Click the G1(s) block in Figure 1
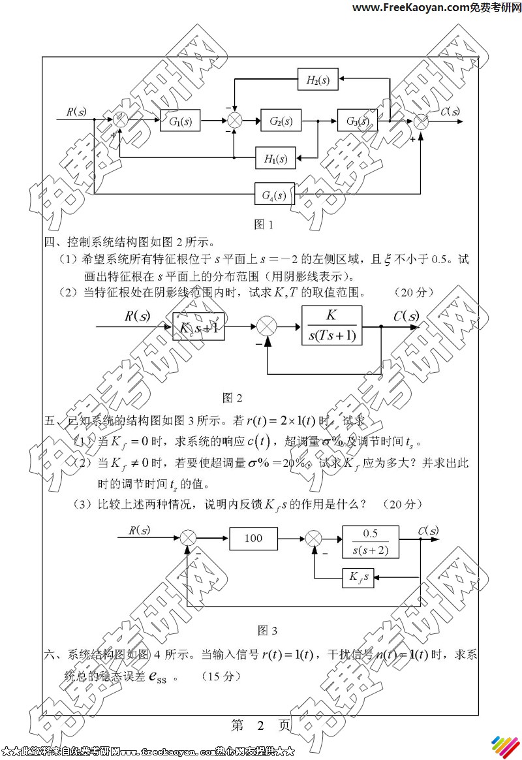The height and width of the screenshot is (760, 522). pyautogui.click(x=180, y=121)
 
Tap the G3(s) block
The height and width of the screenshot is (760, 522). pyautogui.click(x=358, y=121)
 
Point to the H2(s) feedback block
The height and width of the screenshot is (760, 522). pyautogui.click(x=318, y=80)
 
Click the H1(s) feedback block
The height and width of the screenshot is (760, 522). pyautogui.click(x=275, y=157)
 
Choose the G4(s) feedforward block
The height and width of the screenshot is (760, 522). pyautogui.click(x=274, y=195)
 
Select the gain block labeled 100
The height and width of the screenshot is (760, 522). pyautogui.click(x=253, y=538)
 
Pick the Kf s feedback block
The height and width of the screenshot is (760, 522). pyautogui.click(x=358, y=577)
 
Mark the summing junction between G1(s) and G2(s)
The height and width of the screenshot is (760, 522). pyautogui.click(x=234, y=121)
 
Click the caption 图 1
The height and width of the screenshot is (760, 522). pyautogui.click(x=263, y=225)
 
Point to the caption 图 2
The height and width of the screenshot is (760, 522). pyautogui.click(x=232, y=397)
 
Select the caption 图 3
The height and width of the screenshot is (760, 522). pyautogui.click(x=268, y=630)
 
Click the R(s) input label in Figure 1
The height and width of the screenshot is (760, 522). pyautogui.click(x=76, y=112)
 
